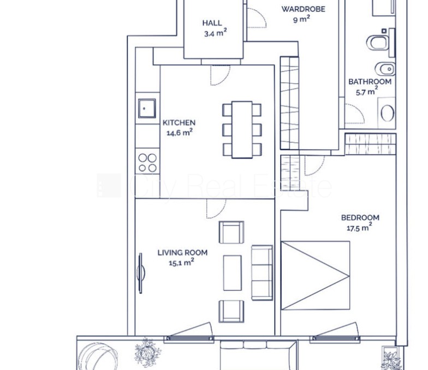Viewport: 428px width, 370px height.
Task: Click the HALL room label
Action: [x=212, y=23]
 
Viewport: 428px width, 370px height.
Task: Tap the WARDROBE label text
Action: [x=304, y=9]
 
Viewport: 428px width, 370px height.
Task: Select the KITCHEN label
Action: [x=179, y=123]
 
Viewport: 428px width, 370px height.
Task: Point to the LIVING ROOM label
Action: [x=182, y=253]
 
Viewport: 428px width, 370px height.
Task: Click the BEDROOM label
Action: [x=360, y=218]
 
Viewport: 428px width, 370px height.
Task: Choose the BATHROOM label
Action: [x=370, y=82]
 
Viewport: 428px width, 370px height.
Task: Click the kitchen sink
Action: [x=147, y=108]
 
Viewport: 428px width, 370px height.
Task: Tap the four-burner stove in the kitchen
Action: [x=147, y=162]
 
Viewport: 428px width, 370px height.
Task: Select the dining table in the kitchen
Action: [x=242, y=130]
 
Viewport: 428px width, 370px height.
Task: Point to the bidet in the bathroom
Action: [x=385, y=69]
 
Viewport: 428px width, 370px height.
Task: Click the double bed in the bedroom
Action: [x=316, y=275]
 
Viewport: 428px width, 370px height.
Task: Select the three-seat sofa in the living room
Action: [x=262, y=272]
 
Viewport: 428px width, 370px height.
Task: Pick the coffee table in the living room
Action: [x=233, y=272]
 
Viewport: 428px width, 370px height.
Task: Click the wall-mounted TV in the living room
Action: [x=141, y=273]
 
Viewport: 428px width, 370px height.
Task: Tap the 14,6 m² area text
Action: [x=180, y=133]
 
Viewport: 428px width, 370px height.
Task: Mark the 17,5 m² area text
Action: [x=359, y=227]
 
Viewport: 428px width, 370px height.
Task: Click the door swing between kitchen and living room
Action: [x=216, y=209]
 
